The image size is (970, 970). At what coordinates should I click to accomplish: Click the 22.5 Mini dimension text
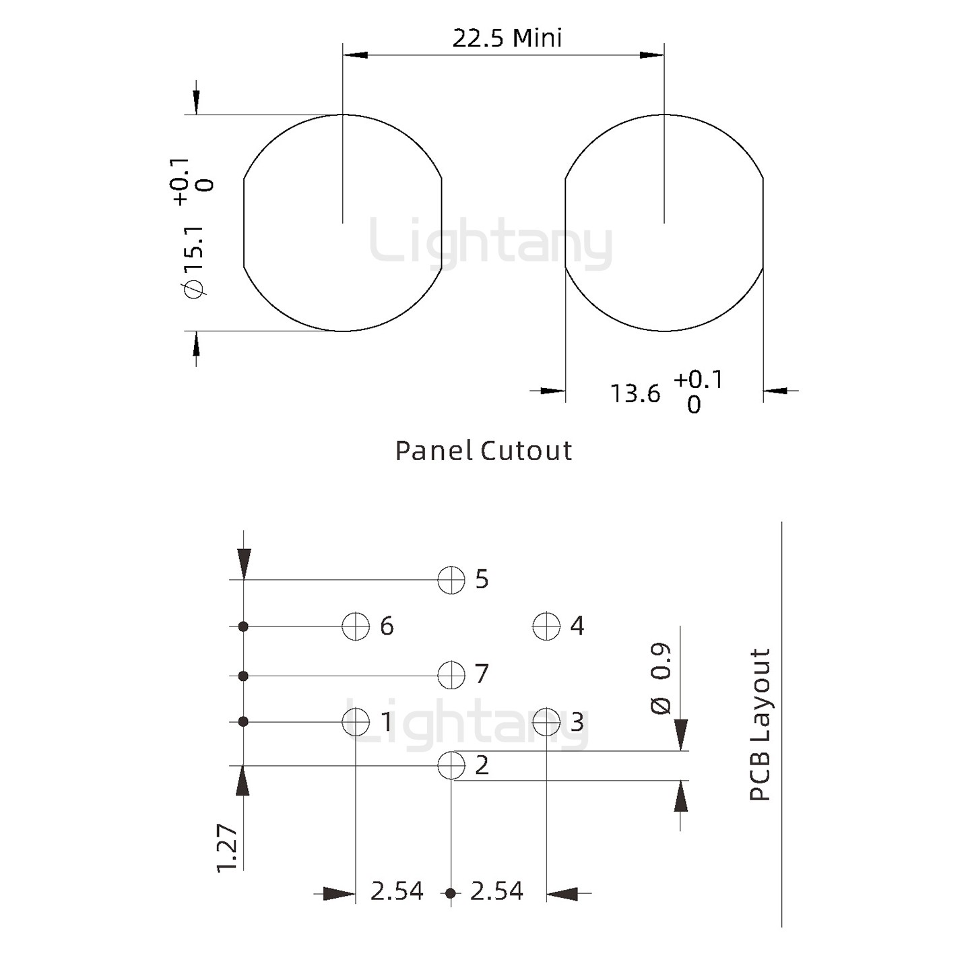click(x=507, y=38)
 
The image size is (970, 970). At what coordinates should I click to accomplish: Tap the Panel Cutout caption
click(x=484, y=451)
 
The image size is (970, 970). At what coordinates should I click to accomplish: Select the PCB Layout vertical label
click(x=760, y=725)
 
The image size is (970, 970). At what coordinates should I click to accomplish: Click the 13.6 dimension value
click(x=635, y=393)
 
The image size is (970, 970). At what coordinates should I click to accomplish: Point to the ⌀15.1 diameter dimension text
click(x=195, y=261)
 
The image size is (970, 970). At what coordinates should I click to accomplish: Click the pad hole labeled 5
click(x=451, y=580)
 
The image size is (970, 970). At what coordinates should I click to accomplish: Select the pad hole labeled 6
click(x=356, y=626)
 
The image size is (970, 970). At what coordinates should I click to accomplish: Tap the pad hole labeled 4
click(x=546, y=626)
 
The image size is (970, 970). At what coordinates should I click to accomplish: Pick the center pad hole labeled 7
click(x=451, y=675)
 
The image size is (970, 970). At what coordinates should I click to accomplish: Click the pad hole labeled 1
click(x=356, y=722)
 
